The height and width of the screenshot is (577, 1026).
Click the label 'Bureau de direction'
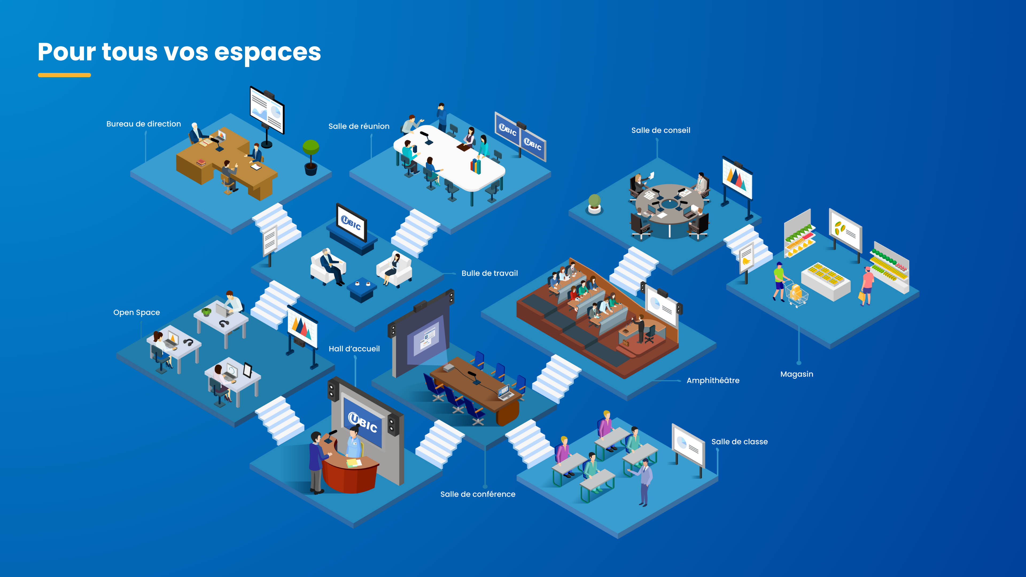[143, 124]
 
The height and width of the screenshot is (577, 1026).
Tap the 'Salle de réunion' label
[359, 126]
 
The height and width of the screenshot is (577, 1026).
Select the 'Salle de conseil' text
[660, 130]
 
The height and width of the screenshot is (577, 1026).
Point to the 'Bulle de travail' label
[489, 273]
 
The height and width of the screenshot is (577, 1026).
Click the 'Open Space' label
[137, 313]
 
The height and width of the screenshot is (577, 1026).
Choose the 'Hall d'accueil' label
[354, 349]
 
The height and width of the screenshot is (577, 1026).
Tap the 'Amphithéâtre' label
[713, 380]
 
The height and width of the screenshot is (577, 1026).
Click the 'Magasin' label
[796, 374]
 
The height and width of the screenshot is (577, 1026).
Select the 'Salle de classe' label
[739, 442]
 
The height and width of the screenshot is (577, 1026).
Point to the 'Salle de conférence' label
[477, 494]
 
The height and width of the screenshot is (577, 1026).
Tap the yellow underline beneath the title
[64, 75]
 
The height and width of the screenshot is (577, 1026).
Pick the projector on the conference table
[449, 367]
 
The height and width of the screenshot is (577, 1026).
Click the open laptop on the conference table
[504, 392]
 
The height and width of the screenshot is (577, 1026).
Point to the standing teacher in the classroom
[644, 482]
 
